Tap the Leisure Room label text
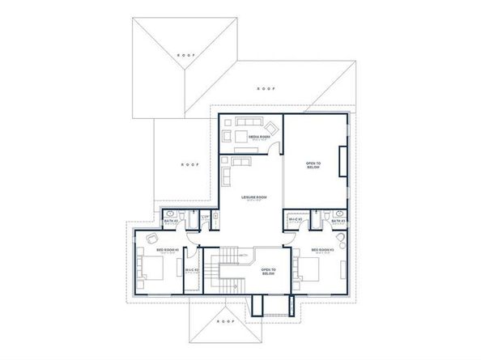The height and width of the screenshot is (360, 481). coord(250,197)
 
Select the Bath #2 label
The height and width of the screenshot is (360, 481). coord(171,221)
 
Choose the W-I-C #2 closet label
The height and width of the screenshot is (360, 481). coord(191,269)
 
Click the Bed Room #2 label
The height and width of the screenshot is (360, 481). coord(167,250)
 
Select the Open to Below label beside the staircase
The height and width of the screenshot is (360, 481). coord(267,273)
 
